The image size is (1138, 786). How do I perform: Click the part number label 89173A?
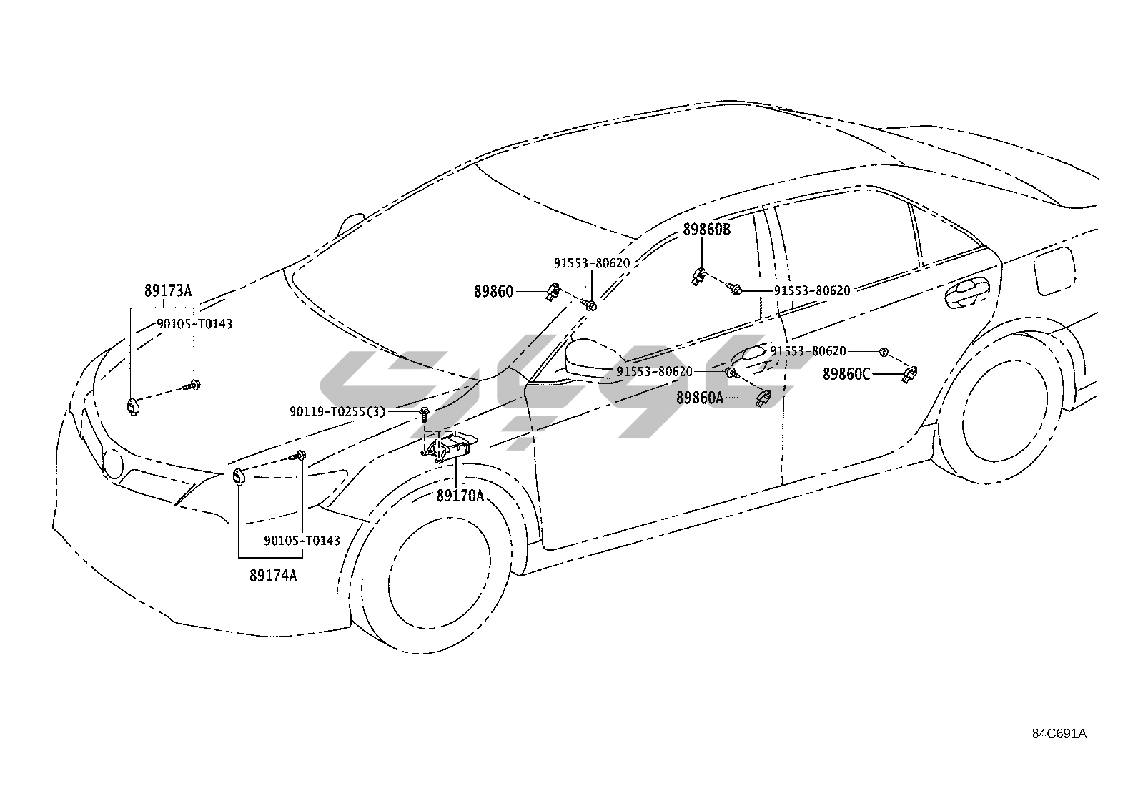(168, 291)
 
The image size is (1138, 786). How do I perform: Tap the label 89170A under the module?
(460, 494)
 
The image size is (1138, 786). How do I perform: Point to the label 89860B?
(706, 230)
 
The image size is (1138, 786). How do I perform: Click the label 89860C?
(846, 374)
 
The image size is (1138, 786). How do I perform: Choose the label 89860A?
(700, 398)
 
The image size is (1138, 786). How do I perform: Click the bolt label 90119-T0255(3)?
(337, 411)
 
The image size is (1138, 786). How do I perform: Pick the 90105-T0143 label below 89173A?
(194, 324)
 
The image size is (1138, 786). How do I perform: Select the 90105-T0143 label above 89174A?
(302, 540)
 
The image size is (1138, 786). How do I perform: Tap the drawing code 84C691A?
(1059, 734)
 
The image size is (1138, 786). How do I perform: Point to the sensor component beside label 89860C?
(911, 373)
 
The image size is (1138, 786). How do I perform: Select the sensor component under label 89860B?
(699, 275)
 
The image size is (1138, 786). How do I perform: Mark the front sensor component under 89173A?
(132, 406)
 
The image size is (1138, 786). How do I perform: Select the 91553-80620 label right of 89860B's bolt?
(812, 290)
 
